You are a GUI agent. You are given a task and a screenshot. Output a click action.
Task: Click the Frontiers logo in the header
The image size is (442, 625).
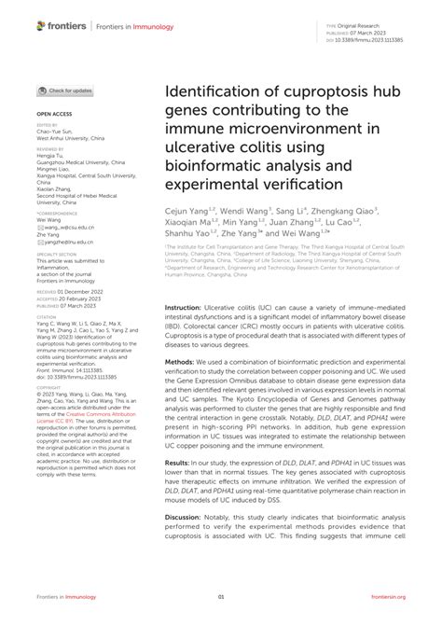(55, 20)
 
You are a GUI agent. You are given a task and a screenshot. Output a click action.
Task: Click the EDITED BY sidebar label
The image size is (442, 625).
(46, 124)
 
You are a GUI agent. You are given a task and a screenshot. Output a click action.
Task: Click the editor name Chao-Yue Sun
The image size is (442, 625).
(55, 131)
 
